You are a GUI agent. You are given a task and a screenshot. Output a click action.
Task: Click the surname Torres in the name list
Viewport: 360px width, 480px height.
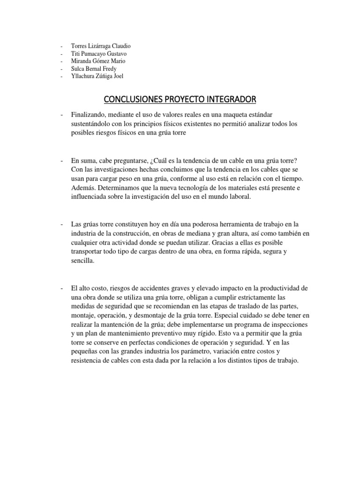[x=79, y=46]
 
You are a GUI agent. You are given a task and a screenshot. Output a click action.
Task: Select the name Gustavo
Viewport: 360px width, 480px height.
[x=120, y=53]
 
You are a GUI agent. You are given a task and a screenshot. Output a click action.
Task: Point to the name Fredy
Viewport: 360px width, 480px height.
[x=118, y=68]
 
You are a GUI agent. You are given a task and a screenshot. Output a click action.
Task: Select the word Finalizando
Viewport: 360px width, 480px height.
[x=89, y=115]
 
